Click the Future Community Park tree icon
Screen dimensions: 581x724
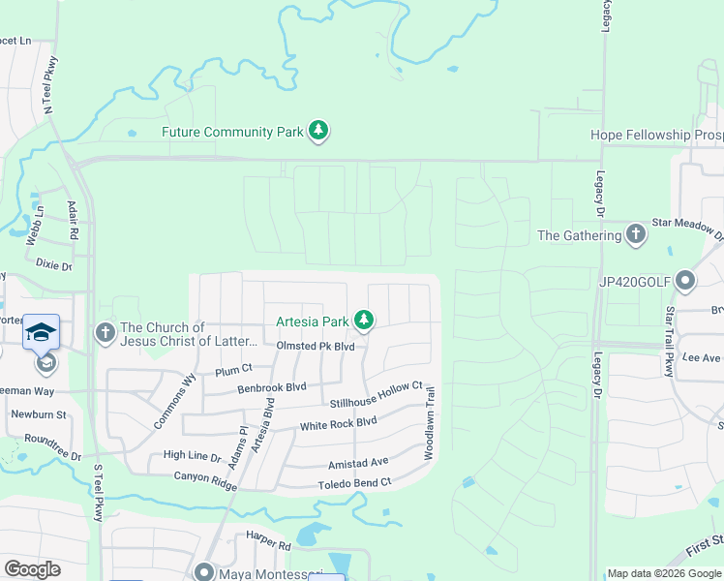(318, 131)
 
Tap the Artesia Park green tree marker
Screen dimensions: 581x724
(364, 319)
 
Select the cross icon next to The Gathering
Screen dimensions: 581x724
(635, 233)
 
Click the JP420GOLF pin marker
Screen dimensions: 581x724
(685, 282)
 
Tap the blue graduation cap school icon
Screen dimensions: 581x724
(42, 332)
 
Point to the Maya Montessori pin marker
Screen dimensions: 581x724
(204, 572)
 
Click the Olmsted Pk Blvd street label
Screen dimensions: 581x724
(316, 346)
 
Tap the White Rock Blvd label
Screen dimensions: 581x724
(338, 424)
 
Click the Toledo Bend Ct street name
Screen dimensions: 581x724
(354, 482)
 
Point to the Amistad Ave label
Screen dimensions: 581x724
(358, 462)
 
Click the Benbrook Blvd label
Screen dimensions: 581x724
(272, 387)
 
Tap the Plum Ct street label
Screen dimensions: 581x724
(233, 369)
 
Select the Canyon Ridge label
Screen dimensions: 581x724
(205, 476)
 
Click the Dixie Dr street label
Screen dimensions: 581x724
(53, 264)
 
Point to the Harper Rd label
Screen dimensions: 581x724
(268, 546)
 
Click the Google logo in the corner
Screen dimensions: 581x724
(33, 569)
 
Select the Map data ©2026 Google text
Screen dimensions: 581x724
(663, 573)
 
